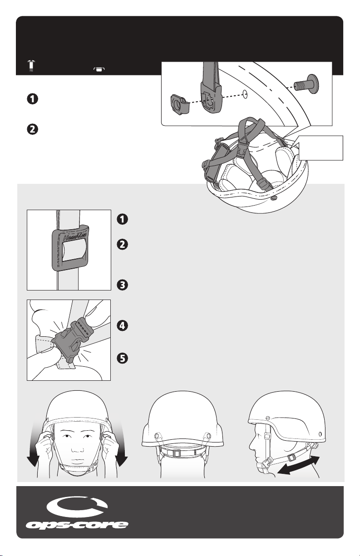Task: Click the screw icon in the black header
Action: pos(31,65)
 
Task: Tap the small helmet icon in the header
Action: pos(99,69)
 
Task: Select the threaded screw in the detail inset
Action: pos(306,84)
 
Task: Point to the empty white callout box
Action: pos(321,148)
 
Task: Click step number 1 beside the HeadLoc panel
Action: pos(123,219)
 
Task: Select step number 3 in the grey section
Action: pos(123,285)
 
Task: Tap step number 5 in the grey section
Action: pos(123,359)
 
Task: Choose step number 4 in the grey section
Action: pos(123,326)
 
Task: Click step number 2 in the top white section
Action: pos(33,129)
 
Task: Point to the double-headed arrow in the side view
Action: pos(298,465)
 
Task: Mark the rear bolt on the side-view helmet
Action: pos(320,433)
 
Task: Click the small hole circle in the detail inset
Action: pos(245,94)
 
